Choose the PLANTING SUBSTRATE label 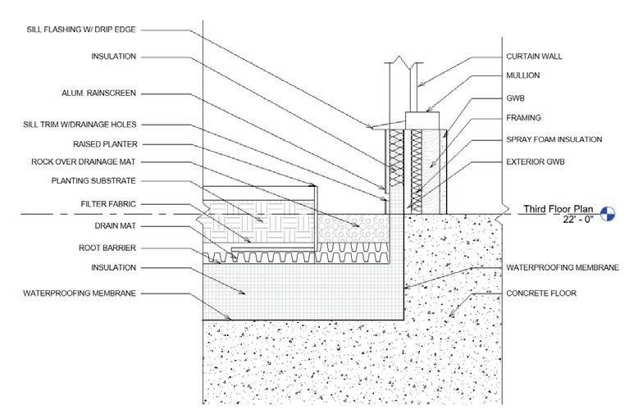point(93,180)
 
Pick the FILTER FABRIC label point(107,202)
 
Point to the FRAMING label point(523,118)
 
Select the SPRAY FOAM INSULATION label point(554,139)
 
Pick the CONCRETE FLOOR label point(541,293)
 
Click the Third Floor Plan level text point(555,210)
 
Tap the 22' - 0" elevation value point(555,221)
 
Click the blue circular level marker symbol point(608,214)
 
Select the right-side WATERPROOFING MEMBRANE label point(562,267)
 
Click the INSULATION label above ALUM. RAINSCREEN point(113,57)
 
